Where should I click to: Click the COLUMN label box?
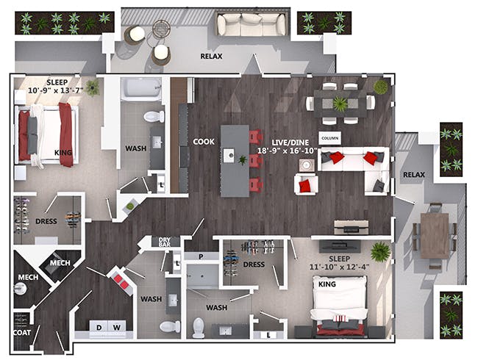coord(330,138)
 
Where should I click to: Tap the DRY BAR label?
coord(165,242)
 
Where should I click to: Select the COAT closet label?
coord(22,333)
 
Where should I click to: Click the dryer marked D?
coord(99,328)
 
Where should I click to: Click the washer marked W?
coord(116,328)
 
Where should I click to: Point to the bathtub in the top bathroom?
coord(141,89)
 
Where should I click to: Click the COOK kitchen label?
coord(204,142)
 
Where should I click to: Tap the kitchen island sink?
coord(228,156)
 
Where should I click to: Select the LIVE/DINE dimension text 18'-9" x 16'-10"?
coord(288,151)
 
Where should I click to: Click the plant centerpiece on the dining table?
coord(340,104)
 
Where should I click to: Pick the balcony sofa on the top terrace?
coord(252,24)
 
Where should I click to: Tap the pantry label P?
coord(201,256)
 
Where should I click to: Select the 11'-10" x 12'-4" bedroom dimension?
coord(339,267)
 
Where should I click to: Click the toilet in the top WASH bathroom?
coord(154,116)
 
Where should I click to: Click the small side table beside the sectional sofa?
coord(305,165)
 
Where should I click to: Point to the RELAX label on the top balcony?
coord(211,57)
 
